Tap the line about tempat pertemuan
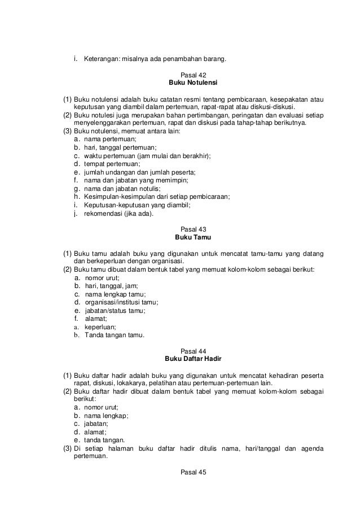pos(116,164)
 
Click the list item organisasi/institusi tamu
pos(121,302)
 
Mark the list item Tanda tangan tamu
pos(115,334)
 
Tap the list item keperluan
pos(100,326)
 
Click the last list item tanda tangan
pos(104,440)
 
